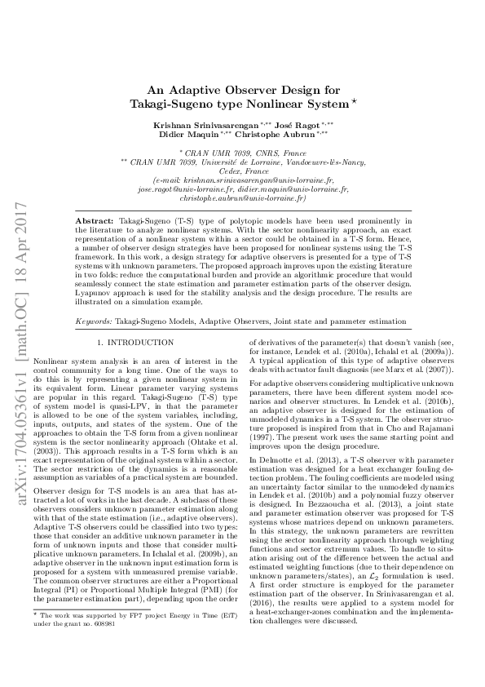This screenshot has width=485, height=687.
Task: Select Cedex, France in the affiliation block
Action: [x=242, y=171]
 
